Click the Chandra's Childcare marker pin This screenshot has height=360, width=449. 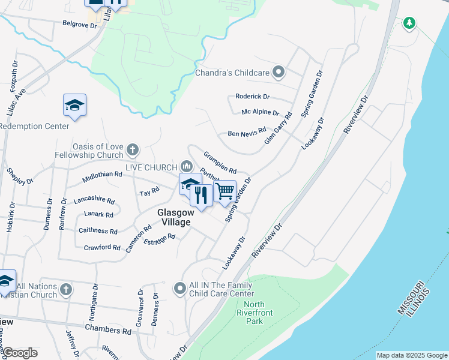tap(279, 73)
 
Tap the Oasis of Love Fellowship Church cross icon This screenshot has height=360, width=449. tap(133, 149)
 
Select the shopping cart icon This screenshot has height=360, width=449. tap(224, 191)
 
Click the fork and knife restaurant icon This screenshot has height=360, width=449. tap(201, 195)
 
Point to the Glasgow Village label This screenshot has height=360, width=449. tap(175, 217)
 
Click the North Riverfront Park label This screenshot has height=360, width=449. tap(255, 313)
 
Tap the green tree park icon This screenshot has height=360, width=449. tap(409, 23)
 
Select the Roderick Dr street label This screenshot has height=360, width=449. tap(253, 97)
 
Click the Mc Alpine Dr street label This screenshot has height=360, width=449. tap(260, 113)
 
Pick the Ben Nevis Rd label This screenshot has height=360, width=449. tap(246, 134)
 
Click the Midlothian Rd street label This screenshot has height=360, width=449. tap(102, 175)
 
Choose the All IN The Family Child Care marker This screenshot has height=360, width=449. tap(179, 289)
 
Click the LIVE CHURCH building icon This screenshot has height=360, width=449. tap(186, 166)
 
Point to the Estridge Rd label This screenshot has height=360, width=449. tap(159, 239)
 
